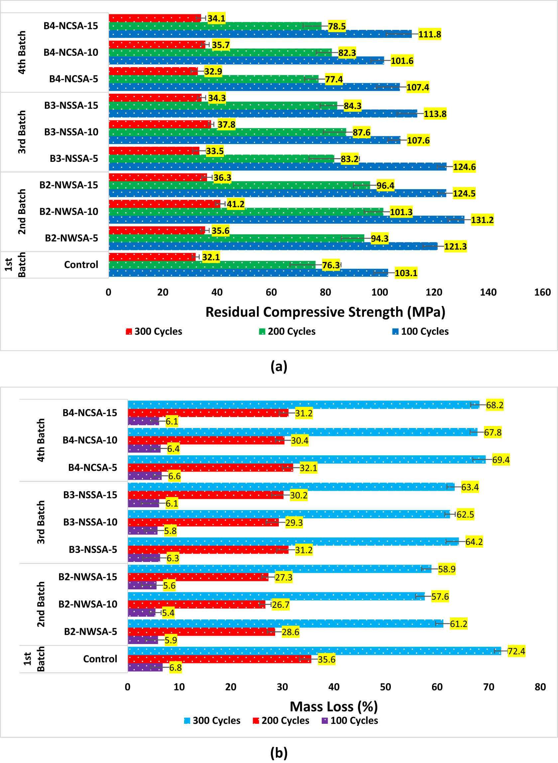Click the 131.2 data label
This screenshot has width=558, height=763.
[x=482, y=220]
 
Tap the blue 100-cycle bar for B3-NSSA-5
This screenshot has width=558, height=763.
[x=277, y=166]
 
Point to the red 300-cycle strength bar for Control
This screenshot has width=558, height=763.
[x=152, y=257]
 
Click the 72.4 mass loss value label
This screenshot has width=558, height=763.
[x=516, y=651]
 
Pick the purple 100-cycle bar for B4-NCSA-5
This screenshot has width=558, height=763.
[x=145, y=476]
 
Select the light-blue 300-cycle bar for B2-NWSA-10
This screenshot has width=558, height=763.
[x=276, y=597]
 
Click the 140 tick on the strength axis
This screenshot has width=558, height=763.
[x=488, y=292]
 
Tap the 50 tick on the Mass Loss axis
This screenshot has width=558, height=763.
[x=386, y=687]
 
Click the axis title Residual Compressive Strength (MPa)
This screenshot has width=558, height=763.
[x=325, y=312]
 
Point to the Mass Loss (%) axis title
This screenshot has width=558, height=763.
[x=334, y=706]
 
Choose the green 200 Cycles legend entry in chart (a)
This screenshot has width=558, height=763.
[x=287, y=331]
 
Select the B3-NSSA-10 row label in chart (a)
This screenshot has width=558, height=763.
[x=71, y=132]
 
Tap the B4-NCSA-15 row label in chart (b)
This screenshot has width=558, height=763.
[x=90, y=413]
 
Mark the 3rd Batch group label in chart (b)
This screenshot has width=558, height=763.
[x=41, y=522]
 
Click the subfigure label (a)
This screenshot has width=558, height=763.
[x=279, y=366]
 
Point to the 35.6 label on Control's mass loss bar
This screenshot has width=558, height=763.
[x=326, y=659]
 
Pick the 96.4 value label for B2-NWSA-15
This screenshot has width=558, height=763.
[x=385, y=185]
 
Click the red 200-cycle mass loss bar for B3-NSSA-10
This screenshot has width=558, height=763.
[x=203, y=522]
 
